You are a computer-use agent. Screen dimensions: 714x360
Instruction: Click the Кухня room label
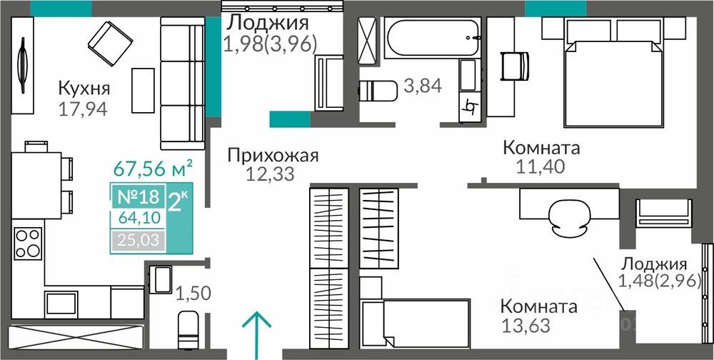(x=84, y=87)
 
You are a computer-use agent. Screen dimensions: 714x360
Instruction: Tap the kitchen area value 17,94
(x=83, y=109)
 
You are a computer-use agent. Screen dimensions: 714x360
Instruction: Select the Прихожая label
(x=273, y=156)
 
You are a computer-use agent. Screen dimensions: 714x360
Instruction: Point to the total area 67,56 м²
(x=153, y=168)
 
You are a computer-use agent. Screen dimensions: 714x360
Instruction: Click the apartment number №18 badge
(x=139, y=197)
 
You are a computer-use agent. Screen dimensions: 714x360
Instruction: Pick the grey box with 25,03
(x=139, y=240)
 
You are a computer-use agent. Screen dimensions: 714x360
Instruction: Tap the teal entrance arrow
(x=256, y=332)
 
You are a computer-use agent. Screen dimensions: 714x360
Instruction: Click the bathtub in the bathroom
(x=432, y=38)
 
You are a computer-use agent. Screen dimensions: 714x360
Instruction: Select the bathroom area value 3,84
(x=423, y=86)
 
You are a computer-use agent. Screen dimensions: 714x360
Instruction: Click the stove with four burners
(x=28, y=244)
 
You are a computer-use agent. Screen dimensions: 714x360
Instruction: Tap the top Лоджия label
(x=268, y=23)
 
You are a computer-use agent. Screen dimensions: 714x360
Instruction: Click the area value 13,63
(x=526, y=326)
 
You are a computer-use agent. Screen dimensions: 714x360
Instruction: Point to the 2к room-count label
(x=178, y=201)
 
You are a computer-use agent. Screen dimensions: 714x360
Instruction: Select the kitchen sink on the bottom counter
(x=61, y=304)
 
